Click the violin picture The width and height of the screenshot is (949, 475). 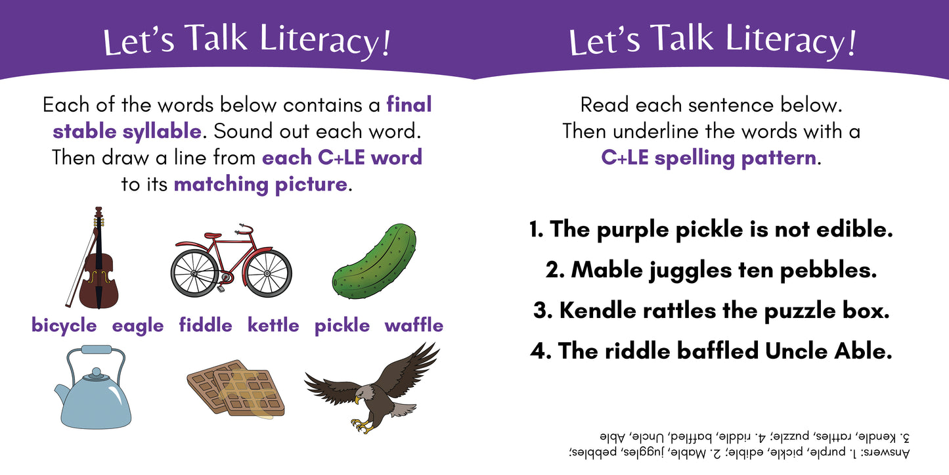click(x=99, y=263)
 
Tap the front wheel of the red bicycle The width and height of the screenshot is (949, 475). click(x=267, y=272)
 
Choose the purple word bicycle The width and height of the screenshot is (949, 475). click(x=64, y=326)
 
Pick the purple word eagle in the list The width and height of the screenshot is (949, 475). click(x=137, y=326)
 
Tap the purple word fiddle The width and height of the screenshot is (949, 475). click(x=206, y=326)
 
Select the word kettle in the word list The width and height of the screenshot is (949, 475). click(x=273, y=326)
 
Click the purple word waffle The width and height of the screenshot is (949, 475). click(x=414, y=326)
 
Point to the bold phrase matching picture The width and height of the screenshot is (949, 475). click(x=260, y=185)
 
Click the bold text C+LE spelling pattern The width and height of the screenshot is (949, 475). click(x=709, y=158)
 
